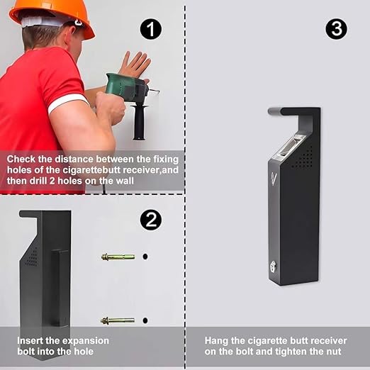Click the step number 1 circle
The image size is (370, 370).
pos(151,29)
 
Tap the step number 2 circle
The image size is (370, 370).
pos(150,220)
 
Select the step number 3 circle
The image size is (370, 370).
pos(337,29)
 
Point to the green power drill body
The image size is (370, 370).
pos(125,88)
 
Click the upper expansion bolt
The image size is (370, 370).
pos(118,256)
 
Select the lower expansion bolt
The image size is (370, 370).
pos(118,320)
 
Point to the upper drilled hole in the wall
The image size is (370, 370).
pos(145,256)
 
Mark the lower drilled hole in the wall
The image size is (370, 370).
pos(145,320)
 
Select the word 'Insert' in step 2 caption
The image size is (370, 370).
pos(33,340)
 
